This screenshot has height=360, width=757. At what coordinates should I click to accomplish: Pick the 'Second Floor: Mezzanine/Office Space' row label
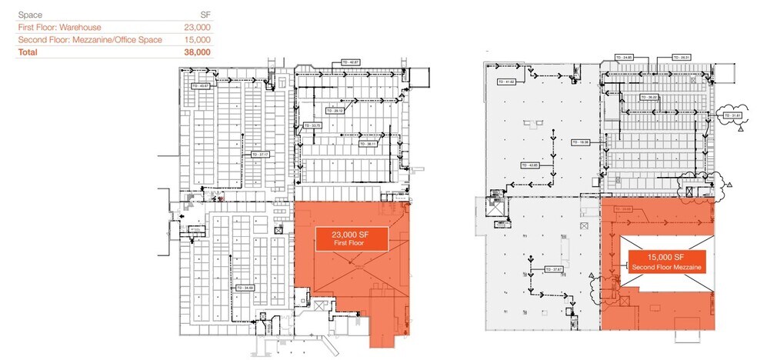90,39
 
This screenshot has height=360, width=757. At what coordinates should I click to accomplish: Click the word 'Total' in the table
28,52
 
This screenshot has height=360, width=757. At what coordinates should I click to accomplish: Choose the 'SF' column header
205,15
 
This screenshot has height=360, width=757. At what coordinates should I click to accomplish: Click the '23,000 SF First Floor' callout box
350,238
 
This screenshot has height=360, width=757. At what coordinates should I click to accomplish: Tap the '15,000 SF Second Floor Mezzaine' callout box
666,262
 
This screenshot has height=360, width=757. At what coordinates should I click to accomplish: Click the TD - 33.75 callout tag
312,125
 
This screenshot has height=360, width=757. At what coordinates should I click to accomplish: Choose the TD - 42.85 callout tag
530,165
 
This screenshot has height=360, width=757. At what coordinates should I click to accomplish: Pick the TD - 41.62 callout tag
505,81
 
